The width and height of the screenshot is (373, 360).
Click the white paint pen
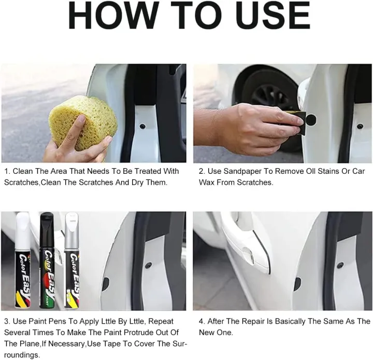23,260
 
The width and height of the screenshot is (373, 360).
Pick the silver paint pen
71,260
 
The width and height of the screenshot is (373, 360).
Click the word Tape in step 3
121,344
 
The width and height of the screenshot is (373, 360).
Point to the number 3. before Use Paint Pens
7,322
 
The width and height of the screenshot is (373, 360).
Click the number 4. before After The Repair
202,322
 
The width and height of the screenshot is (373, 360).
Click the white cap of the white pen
23,230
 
